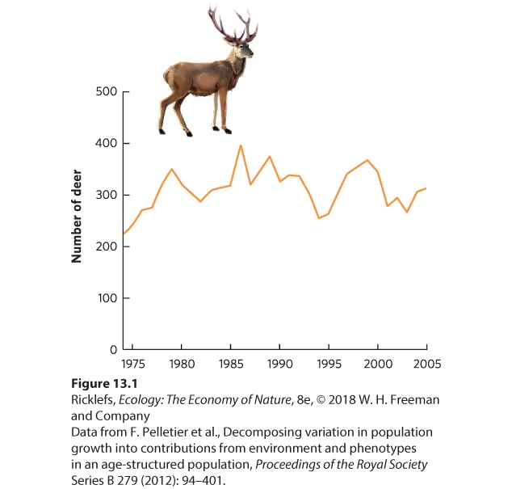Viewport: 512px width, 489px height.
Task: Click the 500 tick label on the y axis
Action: pos(107,91)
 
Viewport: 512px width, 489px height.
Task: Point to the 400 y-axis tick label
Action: pos(107,143)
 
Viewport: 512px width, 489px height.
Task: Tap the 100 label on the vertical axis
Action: pos(107,298)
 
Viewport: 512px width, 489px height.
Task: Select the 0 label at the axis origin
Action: pos(113,350)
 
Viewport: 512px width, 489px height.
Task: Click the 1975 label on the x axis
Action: pos(133,364)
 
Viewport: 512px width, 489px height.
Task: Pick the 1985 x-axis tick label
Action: pos(231,364)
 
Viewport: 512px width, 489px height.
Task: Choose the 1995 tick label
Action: pos(329,364)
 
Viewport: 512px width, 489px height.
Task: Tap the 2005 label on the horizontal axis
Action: pos(427,364)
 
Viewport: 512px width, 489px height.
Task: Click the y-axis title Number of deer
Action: pos(77,216)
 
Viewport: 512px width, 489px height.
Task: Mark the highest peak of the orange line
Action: pos(241,145)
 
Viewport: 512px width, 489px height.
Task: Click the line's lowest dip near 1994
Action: pos(319,218)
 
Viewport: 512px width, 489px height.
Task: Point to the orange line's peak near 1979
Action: pos(172,169)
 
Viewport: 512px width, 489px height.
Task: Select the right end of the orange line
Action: pos(426,188)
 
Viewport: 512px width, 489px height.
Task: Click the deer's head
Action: pos(245,49)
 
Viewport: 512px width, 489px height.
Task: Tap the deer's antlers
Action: pos(233,24)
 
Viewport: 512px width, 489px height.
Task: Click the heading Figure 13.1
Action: pos(104,383)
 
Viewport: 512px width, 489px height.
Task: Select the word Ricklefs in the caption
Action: pos(93,400)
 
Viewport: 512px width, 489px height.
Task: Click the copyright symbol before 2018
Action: pos(321,400)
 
